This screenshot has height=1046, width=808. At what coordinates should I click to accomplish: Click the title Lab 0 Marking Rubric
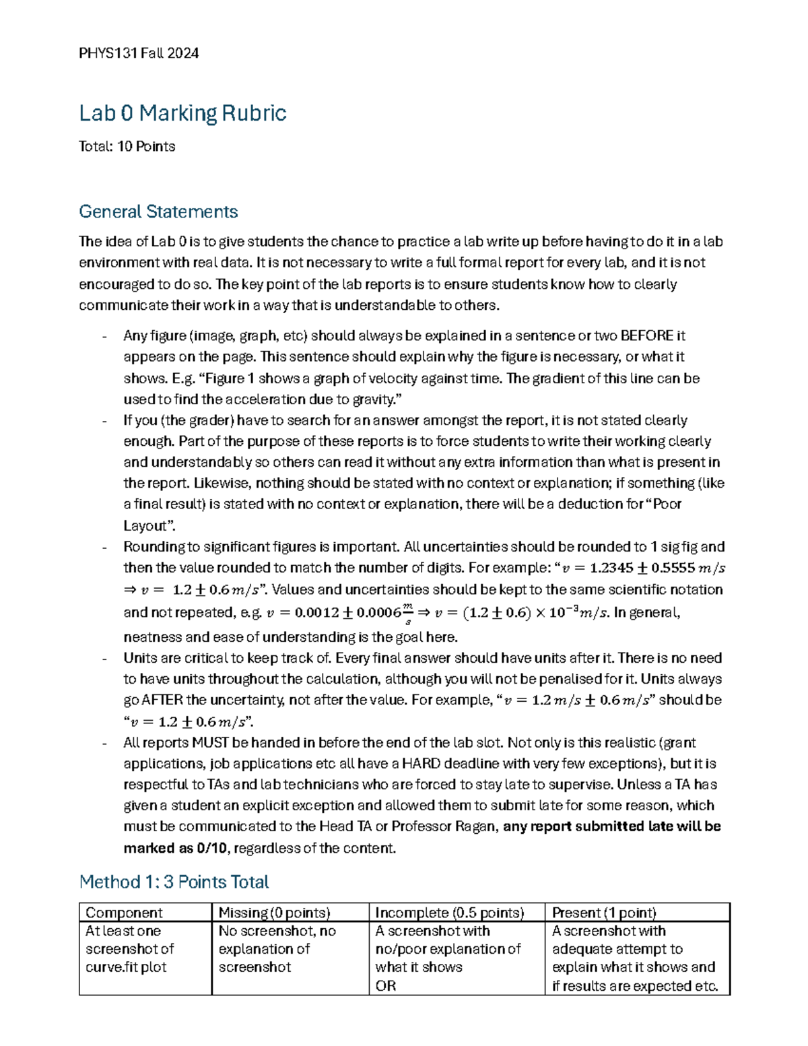point(182,112)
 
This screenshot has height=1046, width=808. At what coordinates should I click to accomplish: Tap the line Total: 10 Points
point(127,146)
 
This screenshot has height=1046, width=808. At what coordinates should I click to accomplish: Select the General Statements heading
point(158,211)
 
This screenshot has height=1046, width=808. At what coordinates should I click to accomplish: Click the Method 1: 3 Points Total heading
point(174,882)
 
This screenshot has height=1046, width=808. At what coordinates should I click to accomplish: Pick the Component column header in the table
point(124,913)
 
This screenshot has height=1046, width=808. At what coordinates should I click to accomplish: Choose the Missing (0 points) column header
point(274,913)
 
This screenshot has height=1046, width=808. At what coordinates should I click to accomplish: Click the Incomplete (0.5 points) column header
point(449,913)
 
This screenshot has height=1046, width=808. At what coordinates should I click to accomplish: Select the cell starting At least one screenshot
point(129,949)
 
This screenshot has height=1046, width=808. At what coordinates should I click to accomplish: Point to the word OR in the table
point(385,985)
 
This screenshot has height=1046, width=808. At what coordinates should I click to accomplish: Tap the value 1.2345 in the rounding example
point(611,568)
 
